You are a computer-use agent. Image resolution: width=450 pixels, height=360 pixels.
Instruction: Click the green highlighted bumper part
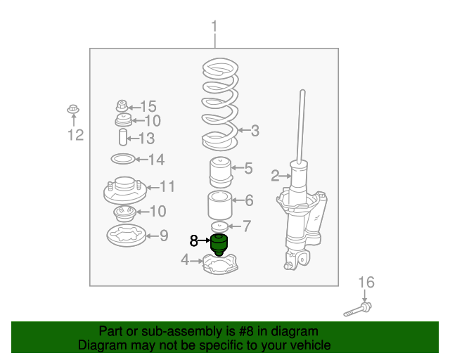pos(219,245)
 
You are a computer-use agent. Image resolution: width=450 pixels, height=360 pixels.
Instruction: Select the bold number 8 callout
pos(194,240)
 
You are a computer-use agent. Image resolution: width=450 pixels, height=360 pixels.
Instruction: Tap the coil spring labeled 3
pos(220,104)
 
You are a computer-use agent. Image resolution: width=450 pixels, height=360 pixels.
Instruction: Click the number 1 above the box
pos(214,27)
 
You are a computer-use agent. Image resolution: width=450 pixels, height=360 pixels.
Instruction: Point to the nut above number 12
pos(73,109)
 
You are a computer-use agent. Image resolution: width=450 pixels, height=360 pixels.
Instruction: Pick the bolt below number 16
pos(358,309)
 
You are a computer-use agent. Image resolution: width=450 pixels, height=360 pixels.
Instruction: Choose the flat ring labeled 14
pos(123,159)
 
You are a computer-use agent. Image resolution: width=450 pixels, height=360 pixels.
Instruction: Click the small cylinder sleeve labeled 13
pos(123,137)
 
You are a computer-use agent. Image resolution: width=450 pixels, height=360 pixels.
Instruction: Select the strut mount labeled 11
pos(125,190)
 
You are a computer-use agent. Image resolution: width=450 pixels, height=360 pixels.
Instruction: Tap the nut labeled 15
pos(122,106)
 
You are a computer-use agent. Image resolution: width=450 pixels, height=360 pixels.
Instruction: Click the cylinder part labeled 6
pos(220,205)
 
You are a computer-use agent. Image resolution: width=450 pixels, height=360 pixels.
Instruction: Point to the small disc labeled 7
pos(219,227)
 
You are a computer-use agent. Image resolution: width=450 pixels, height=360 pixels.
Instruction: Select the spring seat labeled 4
pos(220,264)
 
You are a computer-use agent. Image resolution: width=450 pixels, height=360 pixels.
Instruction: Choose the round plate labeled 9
pos(127,236)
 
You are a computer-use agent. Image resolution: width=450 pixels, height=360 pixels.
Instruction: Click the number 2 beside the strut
pos(275,175)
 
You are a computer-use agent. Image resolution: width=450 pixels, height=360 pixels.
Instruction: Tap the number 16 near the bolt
pos(366,282)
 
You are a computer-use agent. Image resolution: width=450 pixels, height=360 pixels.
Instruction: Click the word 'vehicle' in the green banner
pos(309,345)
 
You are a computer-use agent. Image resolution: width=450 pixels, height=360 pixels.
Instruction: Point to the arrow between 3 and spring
pos(244,130)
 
